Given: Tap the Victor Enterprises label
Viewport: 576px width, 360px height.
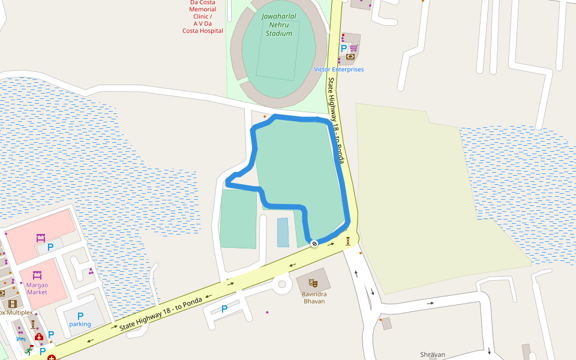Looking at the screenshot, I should click(338, 70).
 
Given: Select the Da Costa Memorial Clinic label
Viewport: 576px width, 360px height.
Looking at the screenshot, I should click(203, 16).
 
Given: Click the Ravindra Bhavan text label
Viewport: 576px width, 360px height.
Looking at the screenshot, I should click(314, 298).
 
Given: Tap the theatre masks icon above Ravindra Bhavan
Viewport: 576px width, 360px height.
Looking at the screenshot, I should click(313, 282).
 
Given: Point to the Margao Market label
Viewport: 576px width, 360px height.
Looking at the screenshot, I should click(37, 288).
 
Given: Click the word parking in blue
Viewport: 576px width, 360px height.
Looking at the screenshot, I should click(80, 324).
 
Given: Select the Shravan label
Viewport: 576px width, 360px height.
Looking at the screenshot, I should click(433, 355).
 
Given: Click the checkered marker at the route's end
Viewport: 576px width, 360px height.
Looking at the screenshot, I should click(314, 243).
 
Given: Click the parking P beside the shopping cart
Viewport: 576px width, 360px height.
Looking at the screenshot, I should click(344, 48).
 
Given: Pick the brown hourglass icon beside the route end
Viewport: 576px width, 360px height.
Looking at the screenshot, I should click(347, 241).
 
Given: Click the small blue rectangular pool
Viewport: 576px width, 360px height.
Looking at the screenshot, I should click(283, 232).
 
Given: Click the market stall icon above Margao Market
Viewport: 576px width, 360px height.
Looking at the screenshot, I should click(37, 275).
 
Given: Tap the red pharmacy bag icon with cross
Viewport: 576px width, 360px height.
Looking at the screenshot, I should click(39, 338).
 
